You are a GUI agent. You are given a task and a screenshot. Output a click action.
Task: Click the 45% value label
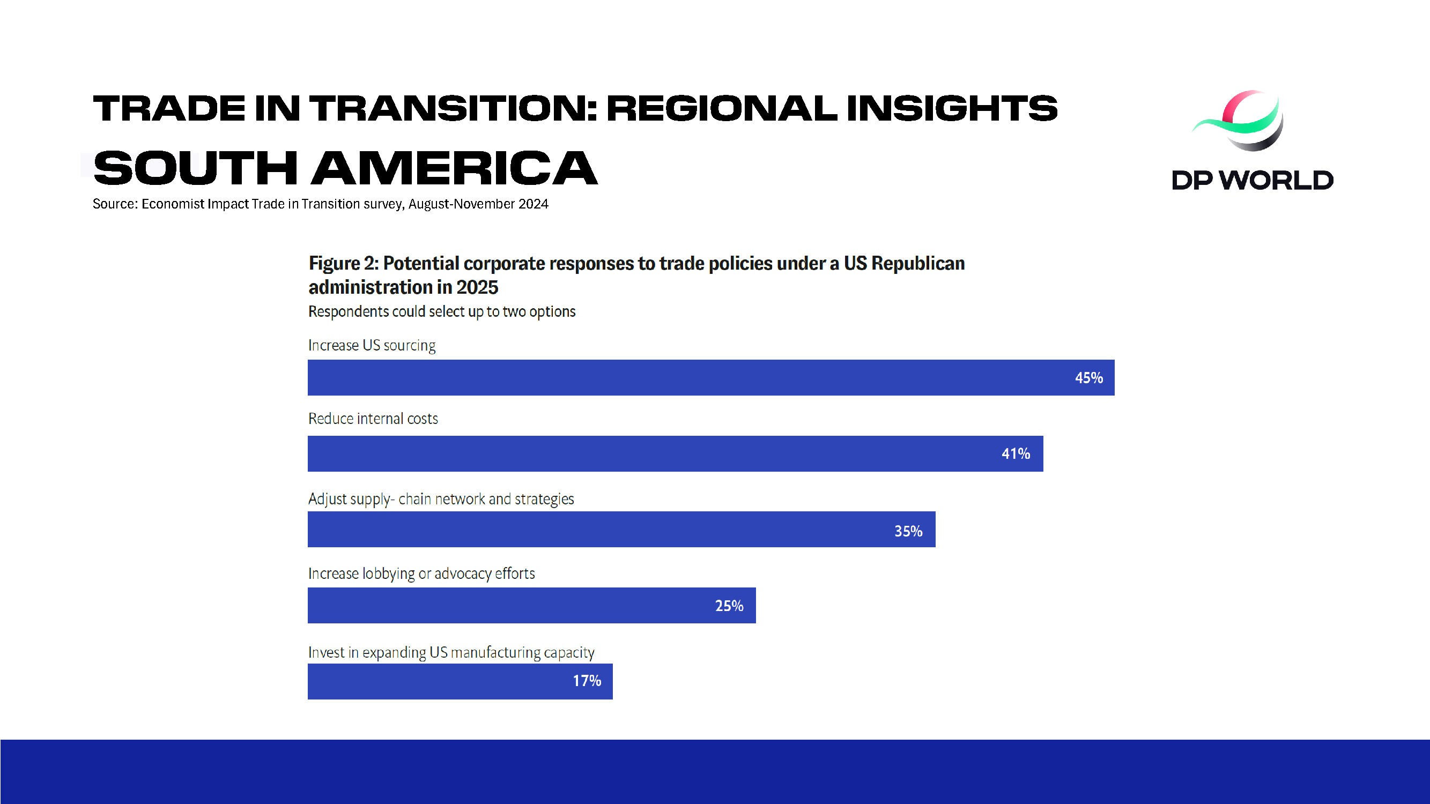(x=1088, y=378)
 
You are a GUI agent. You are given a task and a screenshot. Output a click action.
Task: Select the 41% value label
(x=1016, y=454)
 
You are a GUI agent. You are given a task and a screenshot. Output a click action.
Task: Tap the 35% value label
(x=908, y=531)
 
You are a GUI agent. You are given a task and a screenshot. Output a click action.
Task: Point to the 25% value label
(x=729, y=605)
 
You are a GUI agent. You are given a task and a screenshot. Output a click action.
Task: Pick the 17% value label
(x=587, y=681)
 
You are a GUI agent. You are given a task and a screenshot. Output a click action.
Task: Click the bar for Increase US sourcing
(x=666, y=378)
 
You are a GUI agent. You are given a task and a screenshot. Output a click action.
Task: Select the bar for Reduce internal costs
(x=639, y=454)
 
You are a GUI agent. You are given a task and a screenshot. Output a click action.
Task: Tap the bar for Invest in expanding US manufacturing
(x=433, y=681)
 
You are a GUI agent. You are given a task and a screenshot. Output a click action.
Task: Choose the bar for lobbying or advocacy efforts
(x=500, y=605)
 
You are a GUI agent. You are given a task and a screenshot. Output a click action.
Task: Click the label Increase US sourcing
(x=372, y=345)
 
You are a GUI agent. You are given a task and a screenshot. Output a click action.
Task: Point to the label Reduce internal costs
(x=373, y=419)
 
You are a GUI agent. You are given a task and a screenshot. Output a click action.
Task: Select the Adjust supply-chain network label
(x=441, y=499)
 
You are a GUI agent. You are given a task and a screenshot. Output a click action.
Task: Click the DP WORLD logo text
(x=1253, y=180)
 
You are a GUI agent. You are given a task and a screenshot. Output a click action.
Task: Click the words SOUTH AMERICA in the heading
(x=345, y=168)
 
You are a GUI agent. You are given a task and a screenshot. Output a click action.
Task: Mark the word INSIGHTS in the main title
(x=952, y=108)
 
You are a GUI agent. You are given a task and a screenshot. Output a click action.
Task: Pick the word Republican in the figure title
(x=917, y=263)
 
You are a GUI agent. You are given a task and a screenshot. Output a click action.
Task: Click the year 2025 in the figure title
(x=477, y=287)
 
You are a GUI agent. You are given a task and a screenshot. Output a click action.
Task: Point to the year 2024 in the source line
(x=533, y=204)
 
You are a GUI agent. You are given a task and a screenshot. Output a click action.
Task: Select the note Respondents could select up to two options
(x=441, y=311)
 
